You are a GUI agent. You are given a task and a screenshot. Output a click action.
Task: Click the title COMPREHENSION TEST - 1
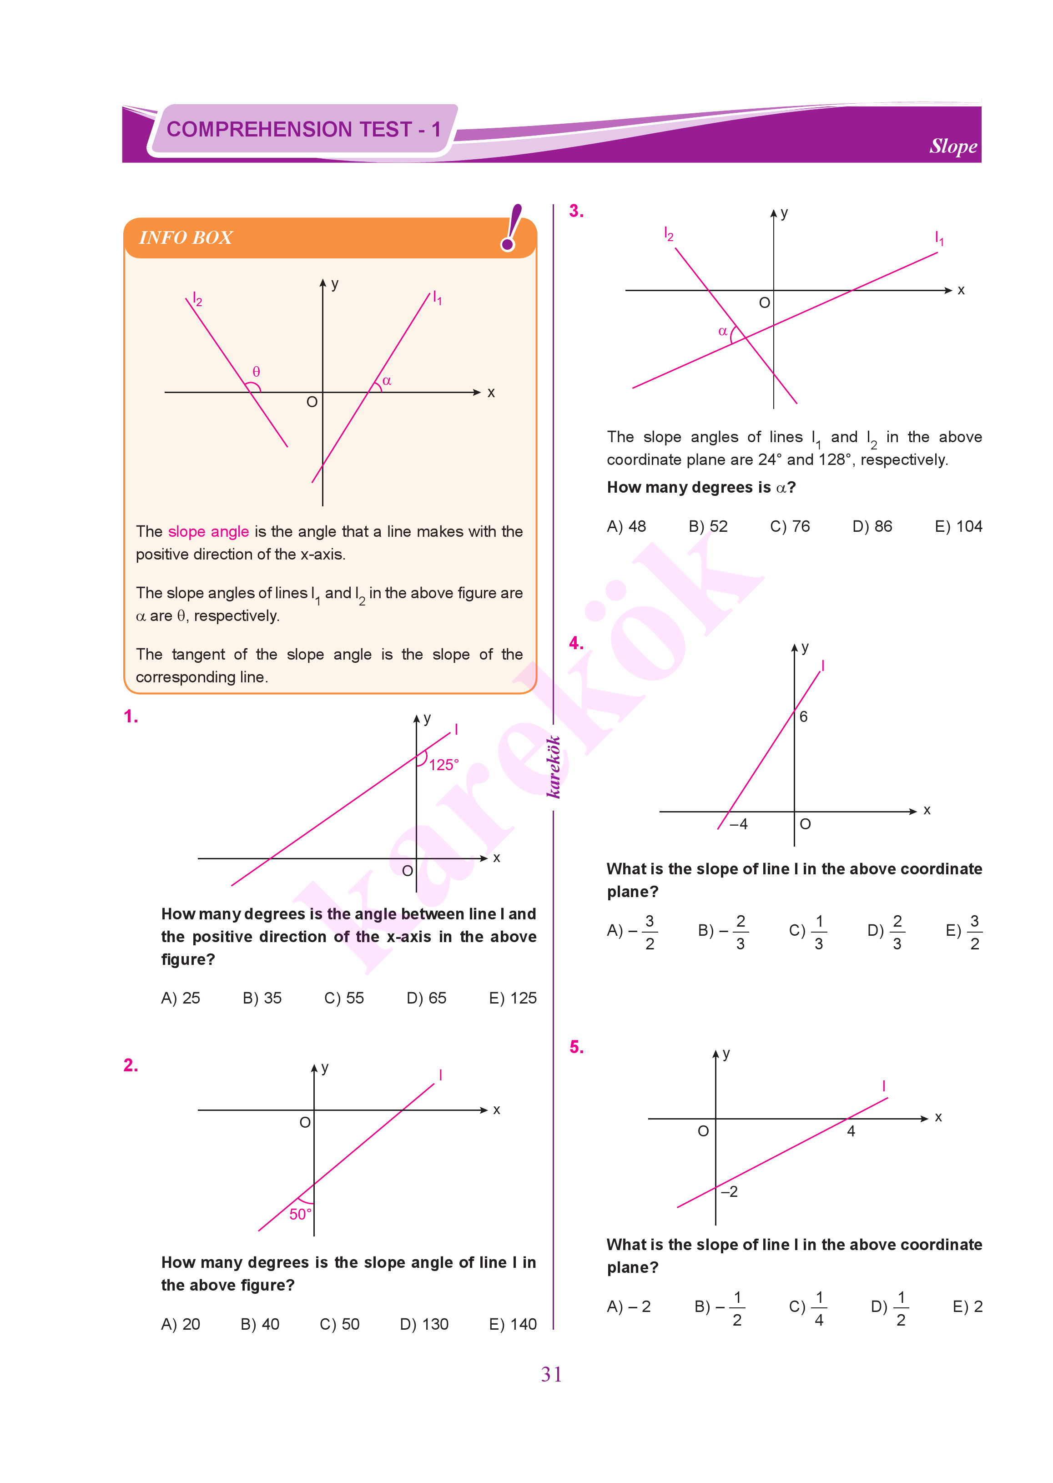click(303, 129)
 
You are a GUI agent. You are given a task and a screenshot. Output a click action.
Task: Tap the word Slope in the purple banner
click(952, 146)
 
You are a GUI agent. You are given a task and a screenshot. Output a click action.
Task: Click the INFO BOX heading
click(186, 238)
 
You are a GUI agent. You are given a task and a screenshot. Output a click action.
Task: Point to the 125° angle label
click(443, 765)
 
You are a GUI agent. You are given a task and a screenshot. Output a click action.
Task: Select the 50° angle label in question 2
click(300, 1214)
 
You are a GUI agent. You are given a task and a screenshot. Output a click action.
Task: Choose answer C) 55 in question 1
click(344, 998)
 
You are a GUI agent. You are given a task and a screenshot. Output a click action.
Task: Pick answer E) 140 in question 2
click(512, 1324)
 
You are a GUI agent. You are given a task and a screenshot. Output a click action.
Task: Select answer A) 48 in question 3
click(626, 526)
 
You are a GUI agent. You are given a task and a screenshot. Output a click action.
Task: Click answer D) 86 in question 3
click(872, 526)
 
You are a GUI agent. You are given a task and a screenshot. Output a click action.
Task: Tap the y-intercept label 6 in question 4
click(803, 716)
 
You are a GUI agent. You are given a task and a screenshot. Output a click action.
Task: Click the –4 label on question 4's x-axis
click(739, 824)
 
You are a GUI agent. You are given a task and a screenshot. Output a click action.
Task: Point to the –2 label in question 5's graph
click(730, 1192)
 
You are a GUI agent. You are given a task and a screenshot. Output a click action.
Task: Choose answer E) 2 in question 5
click(967, 1306)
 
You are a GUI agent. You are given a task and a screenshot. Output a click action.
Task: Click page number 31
click(551, 1374)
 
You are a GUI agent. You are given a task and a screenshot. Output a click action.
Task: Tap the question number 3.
click(576, 212)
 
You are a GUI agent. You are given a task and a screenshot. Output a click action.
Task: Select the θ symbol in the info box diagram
click(256, 372)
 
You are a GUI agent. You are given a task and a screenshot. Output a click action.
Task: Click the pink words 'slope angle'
click(208, 532)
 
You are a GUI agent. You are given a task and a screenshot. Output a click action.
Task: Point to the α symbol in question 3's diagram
click(722, 331)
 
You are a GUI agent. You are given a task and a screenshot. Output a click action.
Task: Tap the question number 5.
click(576, 1047)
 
